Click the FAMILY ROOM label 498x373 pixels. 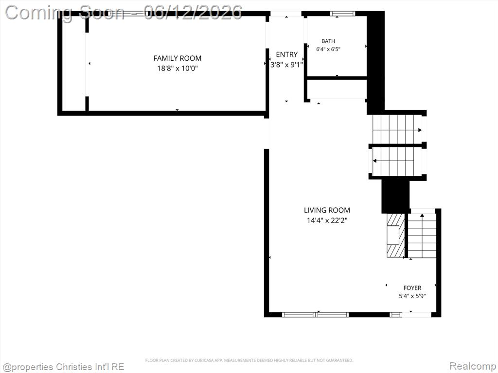pyautogui.click(x=177, y=58)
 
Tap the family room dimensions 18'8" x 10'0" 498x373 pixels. pyautogui.click(x=177, y=68)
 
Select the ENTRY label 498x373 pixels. pyautogui.click(x=286, y=54)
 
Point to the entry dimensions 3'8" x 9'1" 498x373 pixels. pyautogui.click(x=286, y=65)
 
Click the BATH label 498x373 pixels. pyautogui.click(x=328, y=41)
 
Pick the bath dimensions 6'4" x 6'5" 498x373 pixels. pyautogui.click(x=328, y=49)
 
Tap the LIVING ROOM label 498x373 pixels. pyautogui.click(x=327, y=210)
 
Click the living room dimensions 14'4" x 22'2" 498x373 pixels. pyautogui.click(x=327, y=220)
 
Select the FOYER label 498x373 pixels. pyautogui.click(x=412, y=288)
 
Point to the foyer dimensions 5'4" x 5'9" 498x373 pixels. pyautogui.click(x=412, y=296)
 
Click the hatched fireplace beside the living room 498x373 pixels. pyautogui.click(x=396, y=236)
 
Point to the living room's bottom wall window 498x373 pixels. pyautogui.click(x=315, y=315)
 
